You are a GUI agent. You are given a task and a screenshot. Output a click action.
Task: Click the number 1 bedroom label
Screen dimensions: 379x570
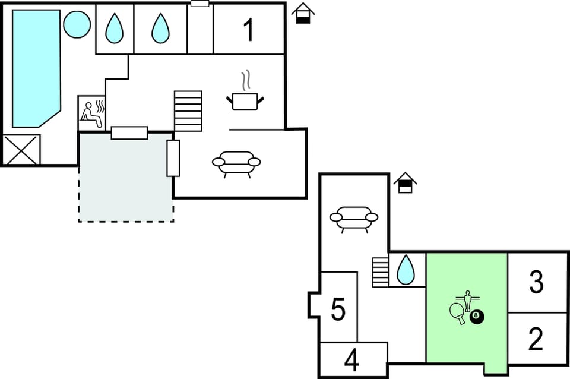[x=249, y=30]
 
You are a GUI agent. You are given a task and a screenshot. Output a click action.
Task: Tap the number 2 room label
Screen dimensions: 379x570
[x=536, y=339]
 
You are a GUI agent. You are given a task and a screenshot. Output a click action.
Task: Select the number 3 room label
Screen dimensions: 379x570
[x=536, y=283]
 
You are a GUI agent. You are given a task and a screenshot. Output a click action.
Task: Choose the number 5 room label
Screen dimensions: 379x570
[x=338, y=309]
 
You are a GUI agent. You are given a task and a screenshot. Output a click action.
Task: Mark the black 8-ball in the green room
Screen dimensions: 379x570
[x=476, y=318]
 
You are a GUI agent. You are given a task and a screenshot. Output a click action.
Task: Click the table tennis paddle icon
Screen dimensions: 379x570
[x=458, y=313]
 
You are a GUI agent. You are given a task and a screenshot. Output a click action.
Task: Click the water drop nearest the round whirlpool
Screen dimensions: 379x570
[x=114, y=29]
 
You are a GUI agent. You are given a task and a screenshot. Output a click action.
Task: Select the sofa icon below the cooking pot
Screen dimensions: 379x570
[x=236, y=163]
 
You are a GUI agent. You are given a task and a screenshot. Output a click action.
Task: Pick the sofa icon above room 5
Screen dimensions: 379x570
[x=354, y=219]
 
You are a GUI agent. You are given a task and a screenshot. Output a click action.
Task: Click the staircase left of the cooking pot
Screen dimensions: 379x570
[x=188, y=111]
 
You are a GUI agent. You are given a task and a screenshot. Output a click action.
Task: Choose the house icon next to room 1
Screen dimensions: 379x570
[x=303, y=13]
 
